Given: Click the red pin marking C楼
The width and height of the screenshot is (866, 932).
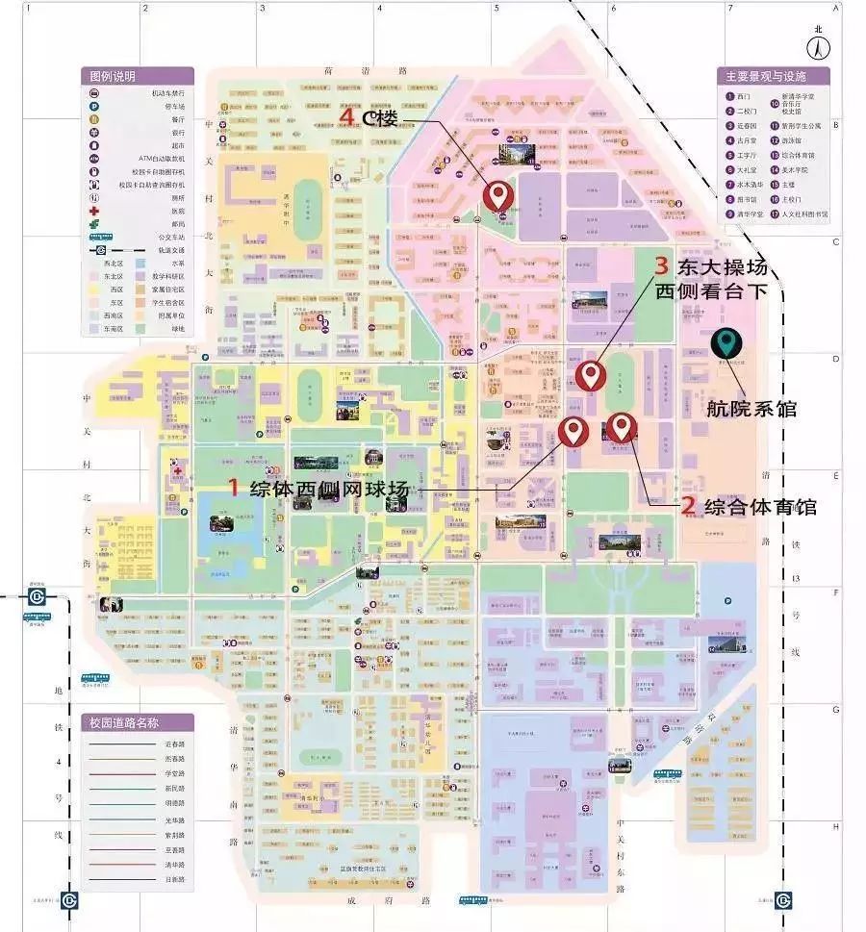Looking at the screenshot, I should [497, 195].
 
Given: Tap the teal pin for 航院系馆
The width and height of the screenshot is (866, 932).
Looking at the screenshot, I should [726, 343].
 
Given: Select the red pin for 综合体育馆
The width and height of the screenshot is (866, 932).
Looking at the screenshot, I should [622, 426].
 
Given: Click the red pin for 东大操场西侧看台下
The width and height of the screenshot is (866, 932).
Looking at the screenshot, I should [589, 375].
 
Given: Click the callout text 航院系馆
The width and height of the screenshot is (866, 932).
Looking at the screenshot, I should [751, 409].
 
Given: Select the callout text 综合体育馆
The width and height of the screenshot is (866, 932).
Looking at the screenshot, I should [760, 506].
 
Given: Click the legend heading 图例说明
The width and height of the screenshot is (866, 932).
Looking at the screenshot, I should [114, 77].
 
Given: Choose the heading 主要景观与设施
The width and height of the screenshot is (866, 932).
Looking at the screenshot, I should [766, 77].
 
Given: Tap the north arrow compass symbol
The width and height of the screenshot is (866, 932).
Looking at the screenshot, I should [818, 43].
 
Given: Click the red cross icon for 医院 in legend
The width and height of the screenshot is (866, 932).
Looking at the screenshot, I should [94, 211].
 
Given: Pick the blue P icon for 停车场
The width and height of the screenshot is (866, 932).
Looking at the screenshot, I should [94, 107].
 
